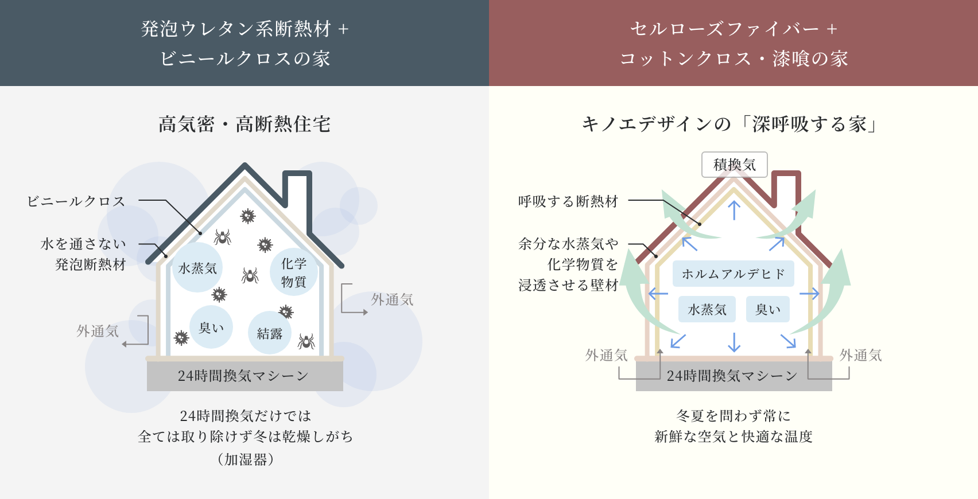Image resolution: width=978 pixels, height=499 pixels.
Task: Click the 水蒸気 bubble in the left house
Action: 197,268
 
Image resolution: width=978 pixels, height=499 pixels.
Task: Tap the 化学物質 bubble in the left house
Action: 293,272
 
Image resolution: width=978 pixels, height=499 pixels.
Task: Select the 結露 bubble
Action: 269,333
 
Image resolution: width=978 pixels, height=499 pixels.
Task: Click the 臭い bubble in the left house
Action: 211,328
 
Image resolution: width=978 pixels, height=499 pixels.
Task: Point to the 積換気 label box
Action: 734,165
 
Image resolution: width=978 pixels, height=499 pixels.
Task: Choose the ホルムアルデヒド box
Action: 733,274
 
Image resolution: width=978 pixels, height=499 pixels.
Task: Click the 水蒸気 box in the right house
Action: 707,310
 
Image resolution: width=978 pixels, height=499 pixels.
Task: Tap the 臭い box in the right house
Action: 767,310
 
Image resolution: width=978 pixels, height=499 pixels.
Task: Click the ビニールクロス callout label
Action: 76,201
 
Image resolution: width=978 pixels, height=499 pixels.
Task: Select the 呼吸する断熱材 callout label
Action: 568,201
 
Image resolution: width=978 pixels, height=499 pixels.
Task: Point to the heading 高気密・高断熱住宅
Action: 244,124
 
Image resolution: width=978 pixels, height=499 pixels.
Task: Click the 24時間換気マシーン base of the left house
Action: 244,376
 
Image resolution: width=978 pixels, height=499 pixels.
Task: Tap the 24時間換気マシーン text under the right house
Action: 732,376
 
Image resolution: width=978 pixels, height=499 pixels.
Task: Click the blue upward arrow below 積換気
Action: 734,210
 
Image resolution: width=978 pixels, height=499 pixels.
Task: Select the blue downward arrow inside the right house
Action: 734,342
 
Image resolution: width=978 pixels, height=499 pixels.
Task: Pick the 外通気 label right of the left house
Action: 392,299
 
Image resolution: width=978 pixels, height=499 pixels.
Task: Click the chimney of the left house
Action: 298,186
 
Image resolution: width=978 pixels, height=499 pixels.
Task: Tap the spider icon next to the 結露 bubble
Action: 306,341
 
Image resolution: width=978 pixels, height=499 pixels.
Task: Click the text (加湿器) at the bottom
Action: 245,459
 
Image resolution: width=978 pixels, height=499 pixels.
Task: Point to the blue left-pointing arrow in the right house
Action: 658,294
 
